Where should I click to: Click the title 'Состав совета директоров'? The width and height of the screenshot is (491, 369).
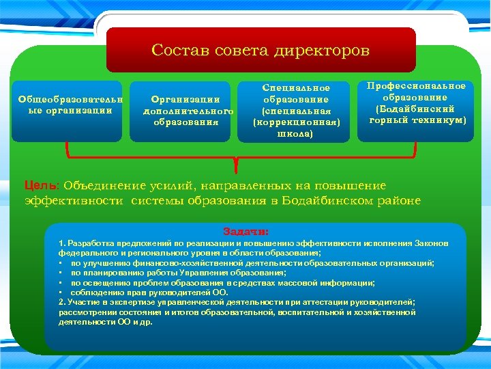click(x=261, y=51)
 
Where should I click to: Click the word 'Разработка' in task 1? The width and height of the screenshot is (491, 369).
click(x=89, y=243)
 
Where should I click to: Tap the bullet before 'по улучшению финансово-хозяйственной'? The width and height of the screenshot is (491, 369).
click(x=61, y=263)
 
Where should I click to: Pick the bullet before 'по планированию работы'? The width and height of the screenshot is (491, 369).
click(x=61, y=273)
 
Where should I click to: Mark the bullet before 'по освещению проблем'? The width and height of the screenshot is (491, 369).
click(x=61, y=282)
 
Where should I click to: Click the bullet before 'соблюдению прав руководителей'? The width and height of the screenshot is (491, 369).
click(x=61, y=292)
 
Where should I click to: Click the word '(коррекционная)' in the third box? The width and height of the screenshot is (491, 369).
click(x=295, y=122)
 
